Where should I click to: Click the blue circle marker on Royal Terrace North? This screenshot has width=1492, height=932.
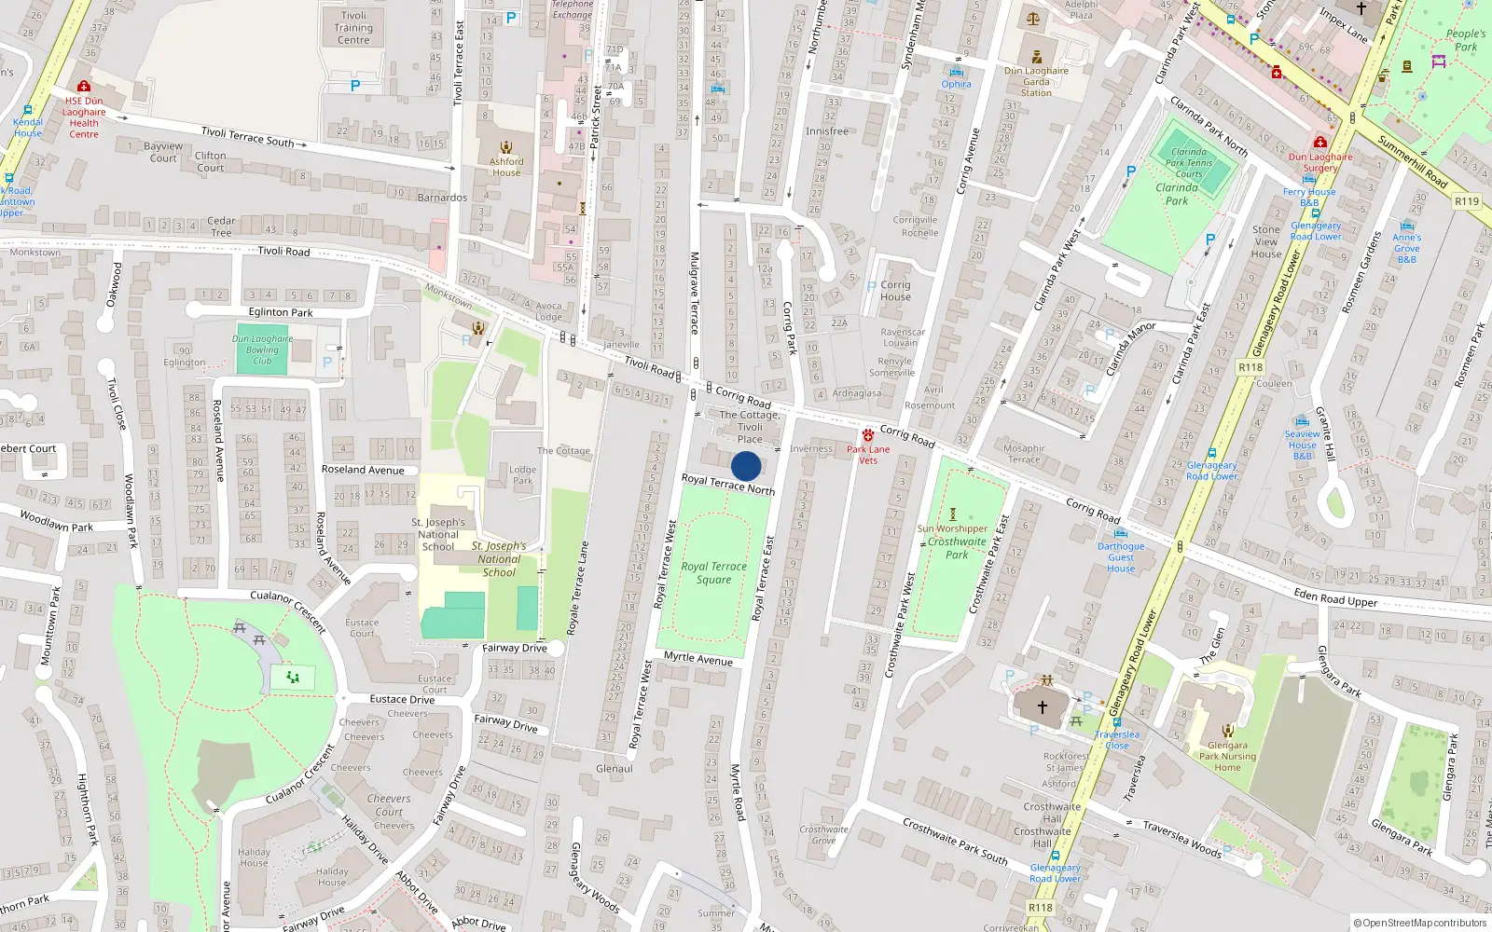(746, 466)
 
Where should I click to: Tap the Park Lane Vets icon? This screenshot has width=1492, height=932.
(868, 435)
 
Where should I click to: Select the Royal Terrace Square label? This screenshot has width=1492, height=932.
(714, 572)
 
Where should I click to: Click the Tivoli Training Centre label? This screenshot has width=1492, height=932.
(353, 28)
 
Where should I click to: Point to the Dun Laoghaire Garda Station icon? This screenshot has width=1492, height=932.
(1036, 58)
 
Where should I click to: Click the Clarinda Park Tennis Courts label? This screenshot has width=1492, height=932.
(1189, 163)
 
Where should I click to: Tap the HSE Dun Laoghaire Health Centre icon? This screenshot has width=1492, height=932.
(83, 87)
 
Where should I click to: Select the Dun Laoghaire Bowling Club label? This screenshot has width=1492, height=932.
(262, 349)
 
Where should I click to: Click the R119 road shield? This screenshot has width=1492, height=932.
(1467, 201)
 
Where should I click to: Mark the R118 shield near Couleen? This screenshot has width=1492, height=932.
(1250, 367)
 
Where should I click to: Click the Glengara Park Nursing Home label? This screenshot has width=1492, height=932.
(1227, 756)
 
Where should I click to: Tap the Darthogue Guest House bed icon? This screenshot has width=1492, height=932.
(1120, 534)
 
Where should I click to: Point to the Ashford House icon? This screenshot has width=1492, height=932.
(506, 147)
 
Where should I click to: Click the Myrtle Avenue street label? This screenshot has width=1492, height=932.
(698, 658)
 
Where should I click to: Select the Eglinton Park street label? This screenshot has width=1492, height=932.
(281, 312)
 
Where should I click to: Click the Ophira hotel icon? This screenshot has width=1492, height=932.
(956, 72)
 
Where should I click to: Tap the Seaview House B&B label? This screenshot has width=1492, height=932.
(1303, 445)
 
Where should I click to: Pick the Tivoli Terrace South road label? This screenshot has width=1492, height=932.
(248, 137)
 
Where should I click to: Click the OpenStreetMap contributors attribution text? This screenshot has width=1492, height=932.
(1420, 923)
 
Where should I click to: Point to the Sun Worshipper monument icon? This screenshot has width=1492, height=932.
(953, 514)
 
